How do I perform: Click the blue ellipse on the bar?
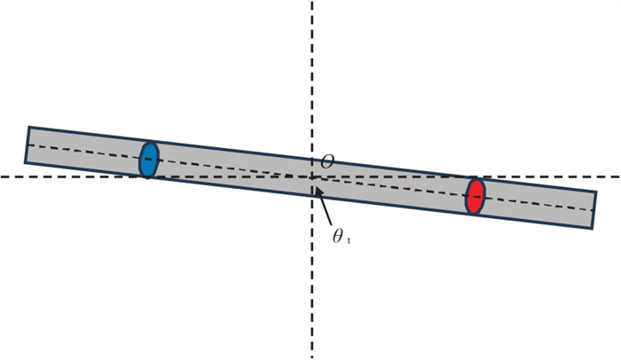point(149,159)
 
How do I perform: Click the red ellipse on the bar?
point(476,196)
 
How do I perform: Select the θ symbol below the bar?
point(338,237)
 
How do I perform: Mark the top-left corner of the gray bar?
point(28,127)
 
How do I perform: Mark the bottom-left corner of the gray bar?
point(25,163)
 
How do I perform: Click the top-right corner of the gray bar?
point(596,192)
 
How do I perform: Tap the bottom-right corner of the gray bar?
point(593,230)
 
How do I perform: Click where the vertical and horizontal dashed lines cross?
point(312,176)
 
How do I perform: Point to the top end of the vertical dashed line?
point(312,3)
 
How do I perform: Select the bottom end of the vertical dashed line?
point(312,356)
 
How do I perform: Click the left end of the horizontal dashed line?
point(3,176)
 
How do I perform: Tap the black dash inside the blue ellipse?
point(149,159)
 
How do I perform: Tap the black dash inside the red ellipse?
point(476,195)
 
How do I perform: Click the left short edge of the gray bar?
point(27,145)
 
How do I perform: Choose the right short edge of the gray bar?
point(594,211)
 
